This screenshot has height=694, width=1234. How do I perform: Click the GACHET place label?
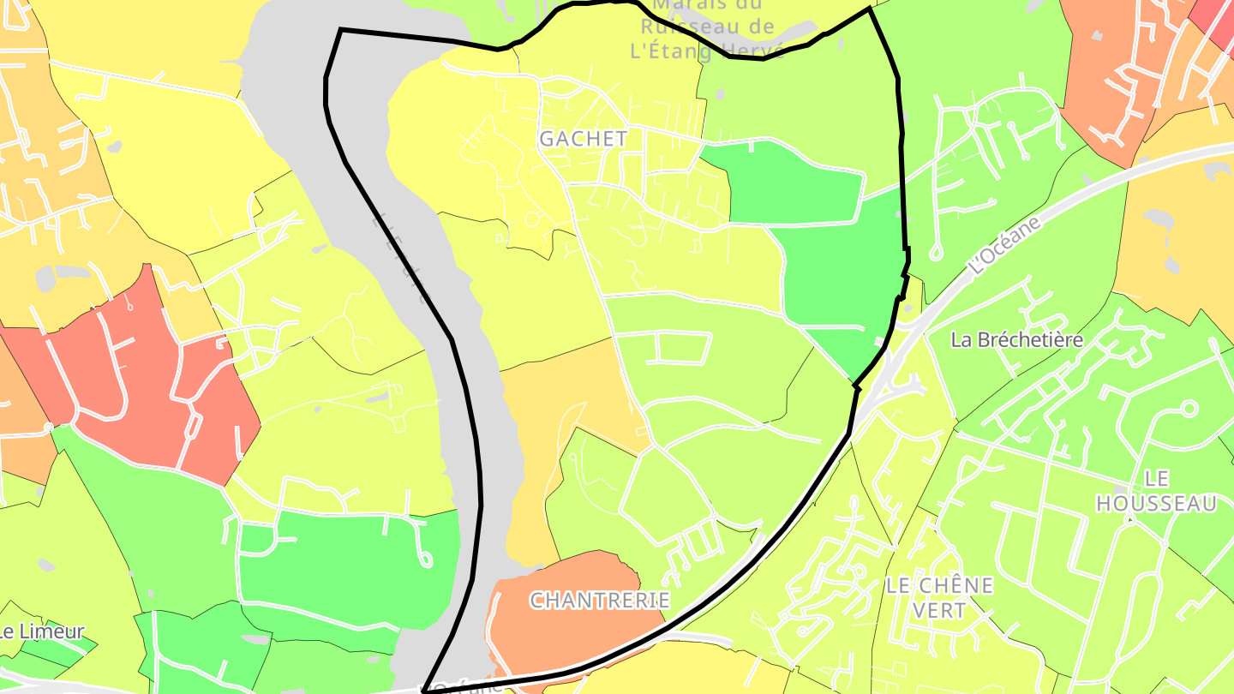pyautogui.click(x=583, y=138)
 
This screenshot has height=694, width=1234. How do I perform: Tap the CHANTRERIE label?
pyautogui.click(x=599, y=600)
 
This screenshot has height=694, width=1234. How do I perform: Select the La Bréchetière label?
pyautogui.click(x=1016, y=340)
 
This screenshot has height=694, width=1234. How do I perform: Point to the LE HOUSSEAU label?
pyautogui.click(x=1156, y=491)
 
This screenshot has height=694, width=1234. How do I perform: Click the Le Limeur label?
pyautogui.click(x=43, y=632)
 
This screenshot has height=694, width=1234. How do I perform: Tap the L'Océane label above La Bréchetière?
pyautogui.click(x=1007, y=246)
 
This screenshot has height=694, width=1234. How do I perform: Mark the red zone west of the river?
pyautogui.click(x=137, y=377)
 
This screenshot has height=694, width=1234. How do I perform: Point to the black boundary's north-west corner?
pyautogui.click(x=341, y=30)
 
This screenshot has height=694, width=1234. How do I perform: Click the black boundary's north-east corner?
pyautogui.click(x=870, y=9)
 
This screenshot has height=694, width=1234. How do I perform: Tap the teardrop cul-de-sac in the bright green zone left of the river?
pyautogui.click(x=424, y=558)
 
